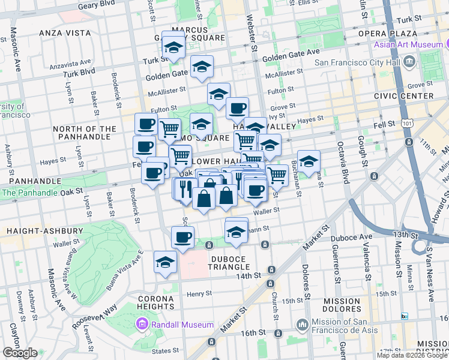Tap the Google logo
[x=20, y=352]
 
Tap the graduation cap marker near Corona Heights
[x=166, y=262]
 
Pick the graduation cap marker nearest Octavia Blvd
[x=309, y=161]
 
